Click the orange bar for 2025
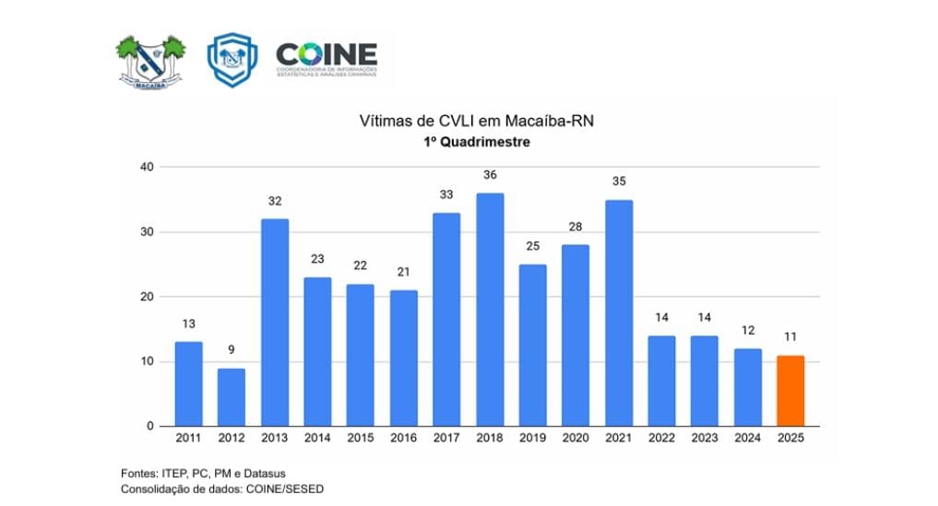click(x=790, y=391)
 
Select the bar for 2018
click(x=490, y=310)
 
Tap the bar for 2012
click(x=232, y=397)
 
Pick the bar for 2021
click(x=619, y=312)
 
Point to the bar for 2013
click(x=274, y=323)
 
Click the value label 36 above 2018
click(x=490, y=175)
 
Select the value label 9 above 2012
click(x=232, y=350)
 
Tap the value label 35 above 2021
click(x=619, y=182)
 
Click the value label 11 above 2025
click(x=790, y=337)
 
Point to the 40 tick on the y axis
click(x=145, y=167)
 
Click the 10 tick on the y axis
click(x=145, y=361)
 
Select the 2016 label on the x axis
click(x=403, y=439)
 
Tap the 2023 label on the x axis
click(x=705, y=439)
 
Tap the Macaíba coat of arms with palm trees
click(x=150, y=62)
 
